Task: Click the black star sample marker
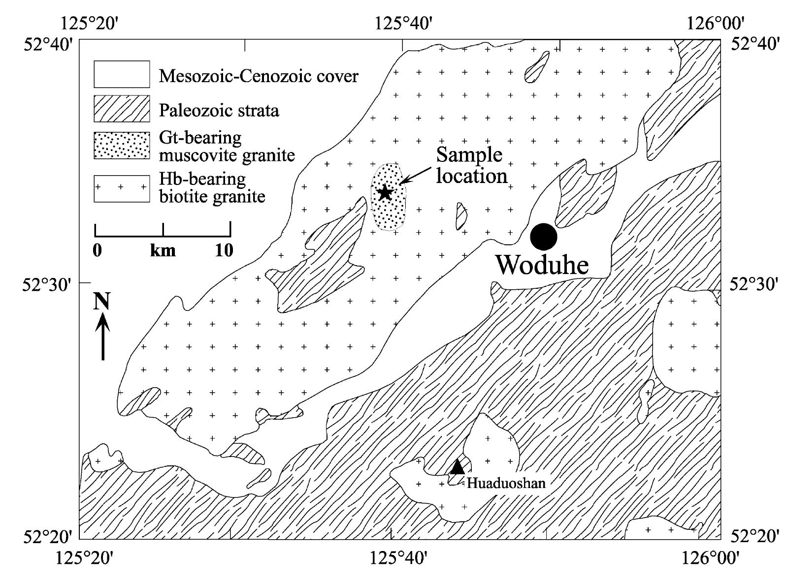385,192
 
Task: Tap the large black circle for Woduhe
543,237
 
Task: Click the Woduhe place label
542,265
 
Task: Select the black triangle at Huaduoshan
457,466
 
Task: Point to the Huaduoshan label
506,483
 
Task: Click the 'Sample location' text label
471,165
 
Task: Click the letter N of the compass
102,302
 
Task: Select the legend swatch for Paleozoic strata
122,109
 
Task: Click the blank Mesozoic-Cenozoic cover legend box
122,74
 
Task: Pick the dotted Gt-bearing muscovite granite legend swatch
122,146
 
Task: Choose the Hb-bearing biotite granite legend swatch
122,188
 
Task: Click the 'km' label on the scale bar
163,250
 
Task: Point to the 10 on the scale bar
224,250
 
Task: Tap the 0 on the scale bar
98,250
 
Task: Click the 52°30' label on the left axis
48,285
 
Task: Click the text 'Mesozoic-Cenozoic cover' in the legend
259,76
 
